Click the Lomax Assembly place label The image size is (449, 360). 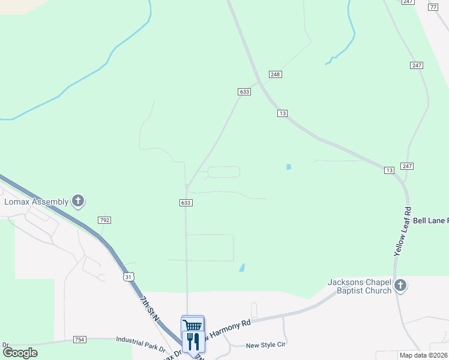[36, 202]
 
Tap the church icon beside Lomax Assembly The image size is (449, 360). [78, 201]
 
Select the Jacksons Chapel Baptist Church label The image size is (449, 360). [360, 286]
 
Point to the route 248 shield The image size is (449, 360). [276, 74]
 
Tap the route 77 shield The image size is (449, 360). [433, 7]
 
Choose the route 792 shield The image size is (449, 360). [104, 221]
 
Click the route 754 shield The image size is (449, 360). [80, 340]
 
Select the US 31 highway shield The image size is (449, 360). [128, 277]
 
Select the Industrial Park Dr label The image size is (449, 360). [140, 347]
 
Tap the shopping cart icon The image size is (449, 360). [193, 325]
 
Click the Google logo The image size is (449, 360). [20, 352]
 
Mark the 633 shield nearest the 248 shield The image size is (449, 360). [244, 92]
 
